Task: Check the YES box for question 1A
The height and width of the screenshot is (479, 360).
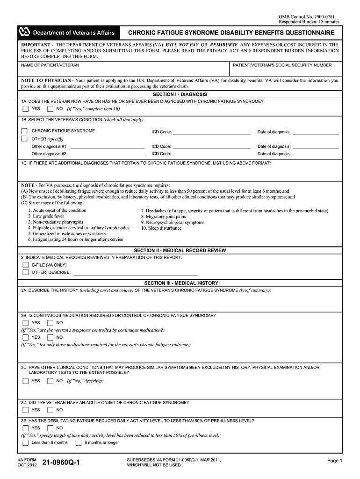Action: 25,109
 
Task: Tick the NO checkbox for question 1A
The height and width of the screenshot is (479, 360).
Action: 50,109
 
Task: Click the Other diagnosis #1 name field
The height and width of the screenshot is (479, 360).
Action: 107,146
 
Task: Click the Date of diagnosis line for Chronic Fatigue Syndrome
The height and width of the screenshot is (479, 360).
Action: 315,131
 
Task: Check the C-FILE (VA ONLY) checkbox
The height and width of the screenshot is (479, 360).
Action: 25,265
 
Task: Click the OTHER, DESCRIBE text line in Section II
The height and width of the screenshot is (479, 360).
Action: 136,272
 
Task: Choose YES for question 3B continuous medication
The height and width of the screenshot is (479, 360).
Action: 25,323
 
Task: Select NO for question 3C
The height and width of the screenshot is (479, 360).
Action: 50,381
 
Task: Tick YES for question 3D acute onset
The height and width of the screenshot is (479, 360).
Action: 25,410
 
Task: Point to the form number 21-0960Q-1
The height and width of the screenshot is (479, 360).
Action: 61,463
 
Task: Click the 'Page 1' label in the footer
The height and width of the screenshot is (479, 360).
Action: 335,461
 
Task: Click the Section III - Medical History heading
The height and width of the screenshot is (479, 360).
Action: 181,283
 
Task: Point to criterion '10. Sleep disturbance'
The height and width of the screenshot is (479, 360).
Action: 161,228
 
